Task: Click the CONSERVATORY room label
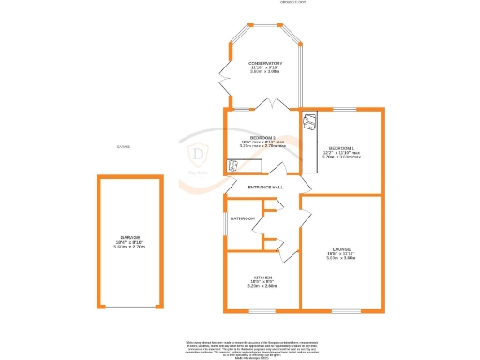[x=265, y=63]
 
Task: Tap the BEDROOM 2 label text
[x=262, y=136]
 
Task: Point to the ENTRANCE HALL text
[x=265, y=187]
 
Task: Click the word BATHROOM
[x=243, y=218]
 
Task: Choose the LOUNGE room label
[x=341, y=248]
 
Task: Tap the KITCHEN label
[x=262, y=277]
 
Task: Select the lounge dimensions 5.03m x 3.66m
[x=341, y=258]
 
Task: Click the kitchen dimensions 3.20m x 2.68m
[x=262, y=286]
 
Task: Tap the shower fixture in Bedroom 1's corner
[x=310, y=119]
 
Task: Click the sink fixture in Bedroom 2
[x=232, y=164]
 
